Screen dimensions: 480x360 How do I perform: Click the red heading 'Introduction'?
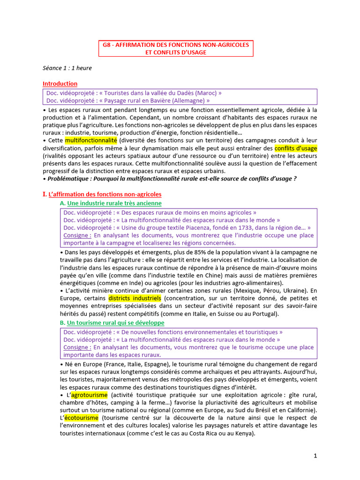coord(60,83)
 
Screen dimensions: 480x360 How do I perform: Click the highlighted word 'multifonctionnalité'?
coord(91,140)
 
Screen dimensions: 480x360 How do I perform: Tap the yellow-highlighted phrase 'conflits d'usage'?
coord(296,148)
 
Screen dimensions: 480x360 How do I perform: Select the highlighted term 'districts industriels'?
coord(135,298)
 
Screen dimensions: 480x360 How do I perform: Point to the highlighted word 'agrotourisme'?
coord(90,395)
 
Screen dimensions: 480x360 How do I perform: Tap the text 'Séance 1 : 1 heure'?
coord(67,68)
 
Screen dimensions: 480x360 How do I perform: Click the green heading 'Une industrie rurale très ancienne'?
coord(114,203)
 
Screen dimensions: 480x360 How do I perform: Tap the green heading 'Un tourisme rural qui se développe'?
coord(115,323)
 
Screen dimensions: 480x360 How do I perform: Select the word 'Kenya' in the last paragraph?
coord(245,433)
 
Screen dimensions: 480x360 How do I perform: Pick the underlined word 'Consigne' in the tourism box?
coord(77,347)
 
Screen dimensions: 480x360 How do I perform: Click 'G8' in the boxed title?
coord(108,45)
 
